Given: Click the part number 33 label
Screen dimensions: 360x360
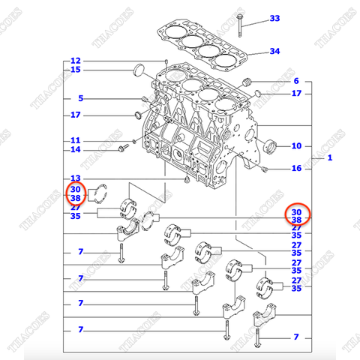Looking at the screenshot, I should [x=274, y=18].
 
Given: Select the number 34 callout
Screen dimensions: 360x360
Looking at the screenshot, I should [x=274, y=52].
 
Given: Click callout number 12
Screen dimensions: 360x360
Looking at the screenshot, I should [x=75, y=60].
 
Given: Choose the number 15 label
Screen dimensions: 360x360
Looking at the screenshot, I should [x=75, y=70].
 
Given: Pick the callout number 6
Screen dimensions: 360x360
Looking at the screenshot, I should [x=295, y=81].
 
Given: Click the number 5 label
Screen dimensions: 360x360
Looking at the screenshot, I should [x=80, y=98].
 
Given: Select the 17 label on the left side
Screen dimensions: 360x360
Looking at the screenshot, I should [x=75, y=115].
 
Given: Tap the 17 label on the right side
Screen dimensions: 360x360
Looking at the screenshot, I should [x=296, y=94].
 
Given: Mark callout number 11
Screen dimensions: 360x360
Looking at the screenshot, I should [x=75, y=140].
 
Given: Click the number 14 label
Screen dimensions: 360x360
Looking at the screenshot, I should [x=75, y=150].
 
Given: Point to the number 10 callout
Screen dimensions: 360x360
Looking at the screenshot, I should [x=295, y=145].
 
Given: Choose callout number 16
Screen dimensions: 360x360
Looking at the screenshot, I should [x=296, y=169].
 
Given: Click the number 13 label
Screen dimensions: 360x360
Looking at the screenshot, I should [x=75, y=178].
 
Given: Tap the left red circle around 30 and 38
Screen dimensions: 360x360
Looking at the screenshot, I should [x=75, y=193].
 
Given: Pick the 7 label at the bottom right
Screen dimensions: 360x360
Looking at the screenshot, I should [x=295, y=337].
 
